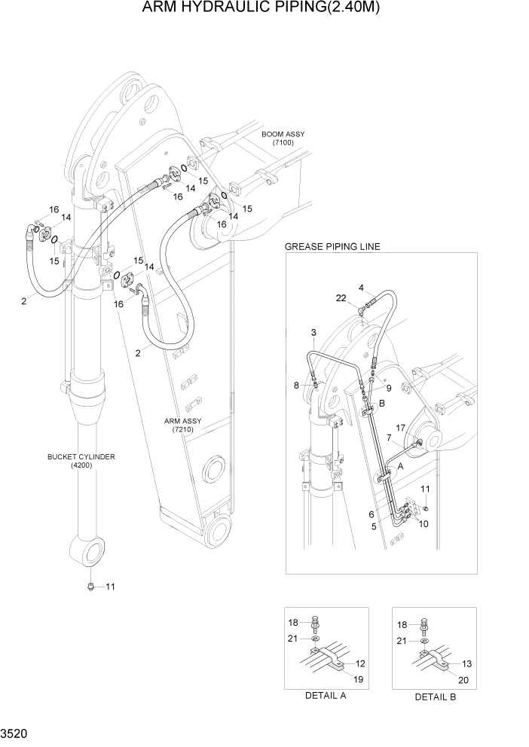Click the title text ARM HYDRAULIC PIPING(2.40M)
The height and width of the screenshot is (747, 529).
[x=264, y=9]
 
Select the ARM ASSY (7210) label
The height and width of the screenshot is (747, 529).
[x=182, y=425]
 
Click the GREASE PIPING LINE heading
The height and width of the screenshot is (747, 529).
[x=332, y=246]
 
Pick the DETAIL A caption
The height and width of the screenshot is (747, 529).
[x=325, y=696]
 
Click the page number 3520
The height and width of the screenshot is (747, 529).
[x=15, y=731]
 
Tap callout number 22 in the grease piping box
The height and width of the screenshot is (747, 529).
[x=342, y=299]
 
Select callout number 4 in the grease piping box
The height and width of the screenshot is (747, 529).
[x=361, y=288]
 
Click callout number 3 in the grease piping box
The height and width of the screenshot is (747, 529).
[x=313, y=332]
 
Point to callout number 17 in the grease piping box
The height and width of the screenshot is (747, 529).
[x=400, y=428]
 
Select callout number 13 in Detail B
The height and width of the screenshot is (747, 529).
[x=467, y=663]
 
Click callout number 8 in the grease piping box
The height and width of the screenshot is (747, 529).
[x=296, y=386]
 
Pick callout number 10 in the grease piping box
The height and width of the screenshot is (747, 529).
[x=424, y=523]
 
